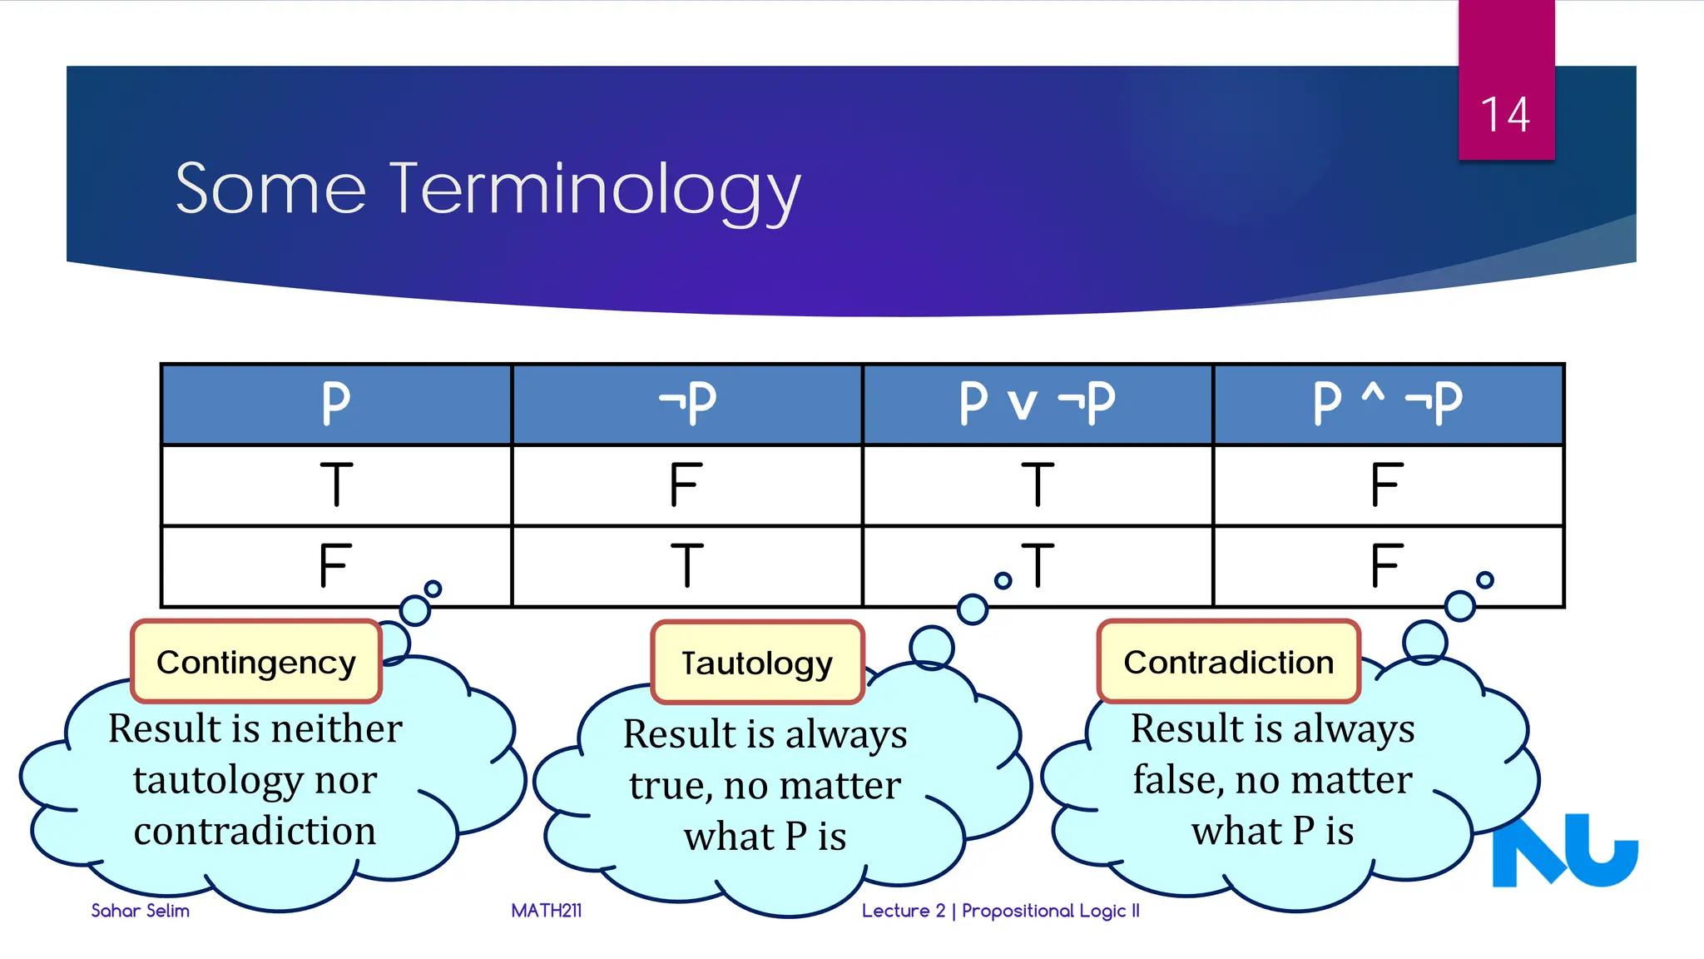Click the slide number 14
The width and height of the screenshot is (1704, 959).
pyautogui.click(x=1505, y=115)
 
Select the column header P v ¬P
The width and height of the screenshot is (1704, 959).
pyautogui.click(x=1037, y=404)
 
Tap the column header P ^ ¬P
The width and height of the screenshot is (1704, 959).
pyautogui.click(x=1387, y=404)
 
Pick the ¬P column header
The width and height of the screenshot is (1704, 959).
pyautogui.click(x=687, y=404)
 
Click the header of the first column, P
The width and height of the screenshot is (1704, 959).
pyautogui.click(x=336, y=404)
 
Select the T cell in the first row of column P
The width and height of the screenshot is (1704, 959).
pyautogui.click(x=336, y=484)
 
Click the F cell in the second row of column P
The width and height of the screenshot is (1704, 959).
pyautogui.click(x=335, y=565)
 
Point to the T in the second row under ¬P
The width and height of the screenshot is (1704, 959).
pyautogui.click(x=687, y=565)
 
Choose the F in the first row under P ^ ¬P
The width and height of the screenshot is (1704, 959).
pyautogui.click(x=1387, y=484)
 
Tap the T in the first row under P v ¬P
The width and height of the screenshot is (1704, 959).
pyautogui.click(x=1037, y=484)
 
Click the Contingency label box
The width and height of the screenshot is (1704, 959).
pyautogui.click(x=256, y=663)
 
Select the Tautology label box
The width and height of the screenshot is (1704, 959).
pyautogui.click(x=757, y=663)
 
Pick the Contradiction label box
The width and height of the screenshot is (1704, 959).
pyautogui.click(x=1228, y=663)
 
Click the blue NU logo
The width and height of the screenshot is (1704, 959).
pyautogui.click(x=1564, y=851)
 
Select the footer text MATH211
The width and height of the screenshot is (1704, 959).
pyautogui.click(x=547, y=911)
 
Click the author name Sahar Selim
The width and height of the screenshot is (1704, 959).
pyautogui.click(x=141, y=911)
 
